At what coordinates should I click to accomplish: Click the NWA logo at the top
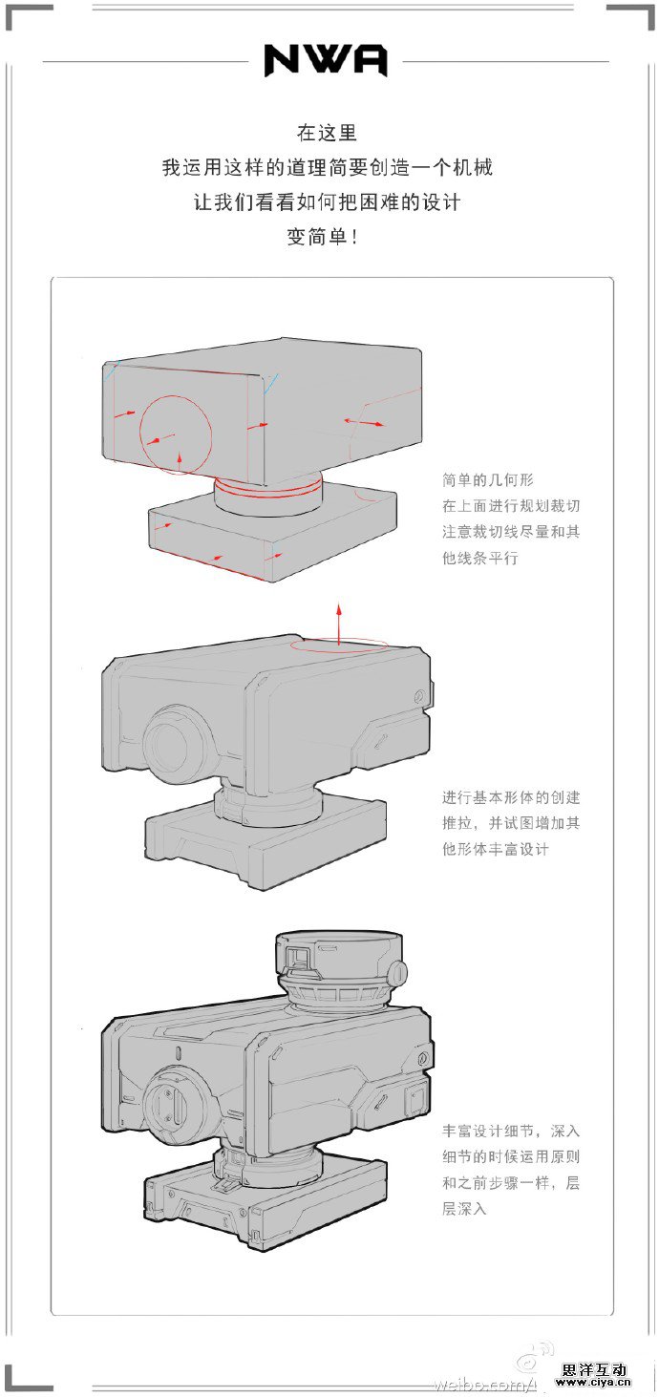pos(326,61)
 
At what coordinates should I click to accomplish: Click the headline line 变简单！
pos(324,237)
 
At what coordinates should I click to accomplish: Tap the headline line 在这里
pos(327,133)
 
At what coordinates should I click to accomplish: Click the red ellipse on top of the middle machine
pos(339,646)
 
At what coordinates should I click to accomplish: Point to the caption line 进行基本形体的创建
pos(511,797)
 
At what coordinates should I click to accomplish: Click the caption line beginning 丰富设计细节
pos(511,1131)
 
